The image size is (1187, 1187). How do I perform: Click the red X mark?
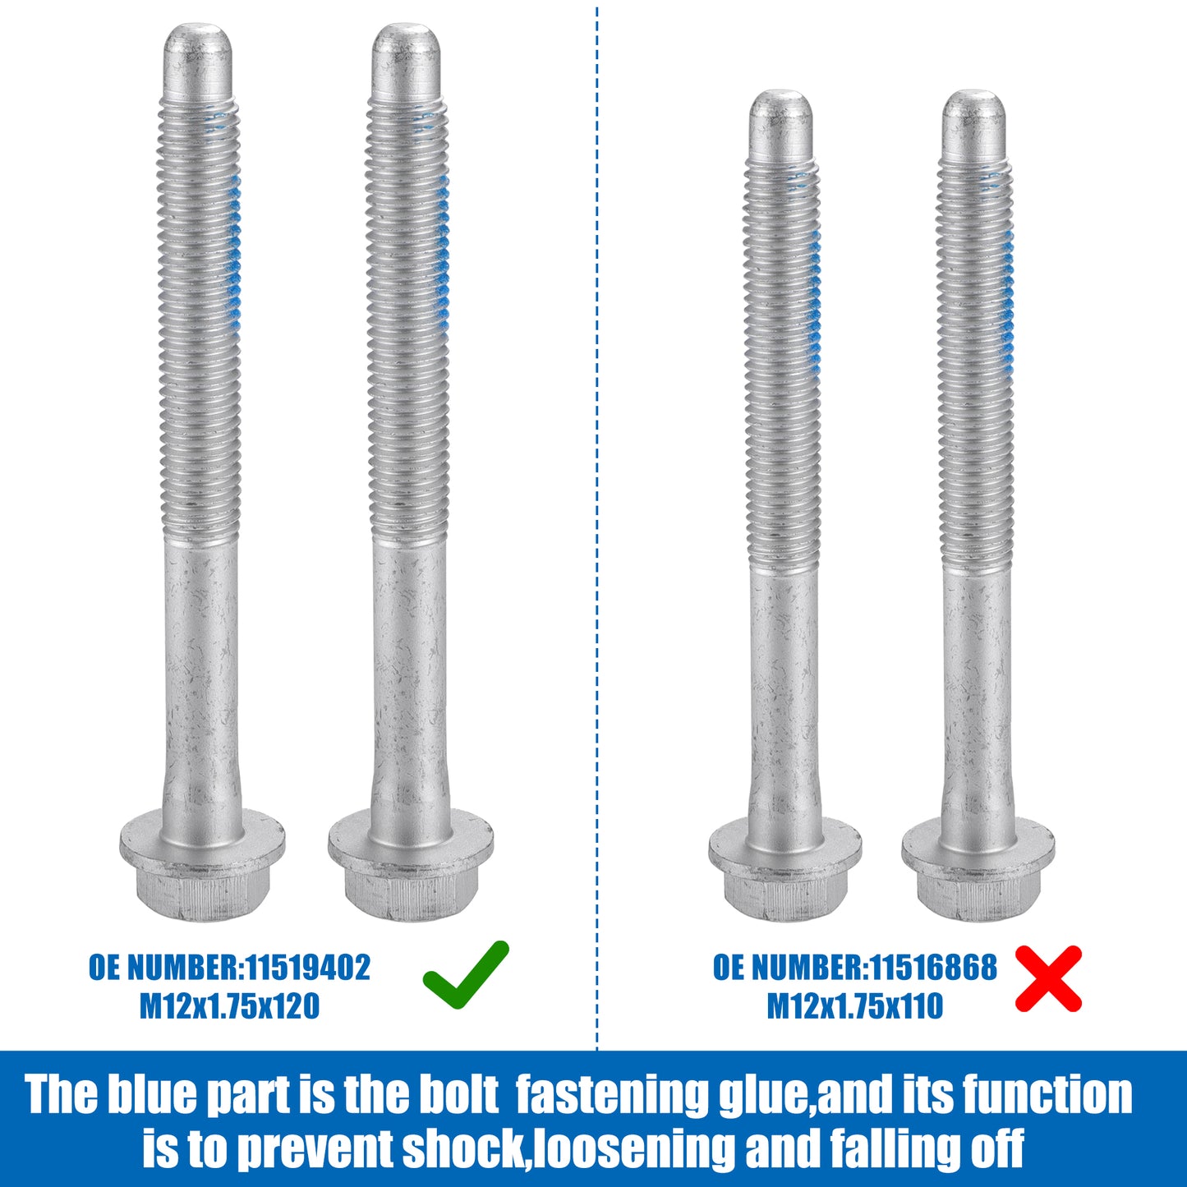1048,979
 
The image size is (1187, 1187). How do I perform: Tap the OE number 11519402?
308,968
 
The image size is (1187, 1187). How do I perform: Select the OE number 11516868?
933,968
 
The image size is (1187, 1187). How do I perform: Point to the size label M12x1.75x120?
229,1007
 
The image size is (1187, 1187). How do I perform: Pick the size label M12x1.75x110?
854,1007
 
